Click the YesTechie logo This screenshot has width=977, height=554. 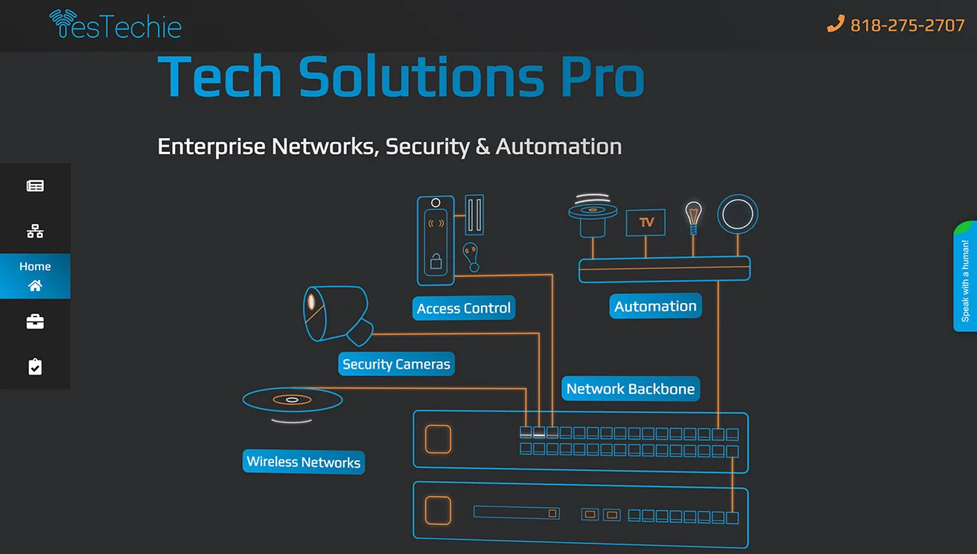coord(115,25)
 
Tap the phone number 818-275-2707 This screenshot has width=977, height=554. coord(907,25)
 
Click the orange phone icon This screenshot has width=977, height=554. coord(836,25)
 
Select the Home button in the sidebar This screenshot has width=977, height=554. coord(35,276)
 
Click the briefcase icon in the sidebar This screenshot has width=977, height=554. coord(35,322)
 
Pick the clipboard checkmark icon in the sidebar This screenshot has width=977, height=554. coord(35,366)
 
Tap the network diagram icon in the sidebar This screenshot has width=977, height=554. coord(35,231)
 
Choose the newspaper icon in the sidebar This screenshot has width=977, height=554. coord(35,186)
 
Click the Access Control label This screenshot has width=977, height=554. coord(463,308)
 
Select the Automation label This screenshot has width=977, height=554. coord(655,306)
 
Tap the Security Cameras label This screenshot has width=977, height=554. coord(396,364)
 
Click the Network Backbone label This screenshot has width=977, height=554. coord(630,389)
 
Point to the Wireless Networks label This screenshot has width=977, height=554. coord(303,462)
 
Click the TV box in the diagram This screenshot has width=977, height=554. coord(646,222)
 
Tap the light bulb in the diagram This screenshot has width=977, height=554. coord(693,216)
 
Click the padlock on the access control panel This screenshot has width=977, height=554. coord(436,262)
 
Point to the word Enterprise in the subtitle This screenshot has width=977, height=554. coord(211,146)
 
